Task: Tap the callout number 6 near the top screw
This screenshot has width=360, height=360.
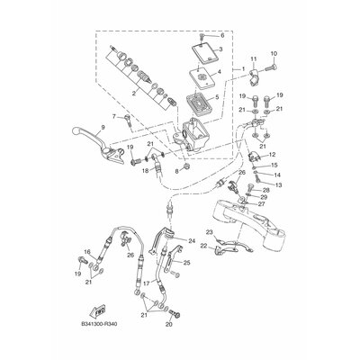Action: tap(222, 36)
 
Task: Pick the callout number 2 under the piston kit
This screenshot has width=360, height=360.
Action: tap(135, 92)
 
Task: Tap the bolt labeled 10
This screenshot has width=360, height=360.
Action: tap(114, 117)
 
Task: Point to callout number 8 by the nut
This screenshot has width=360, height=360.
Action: tap(186, 168)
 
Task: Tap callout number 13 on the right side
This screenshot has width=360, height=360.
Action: tap(278, 184)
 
